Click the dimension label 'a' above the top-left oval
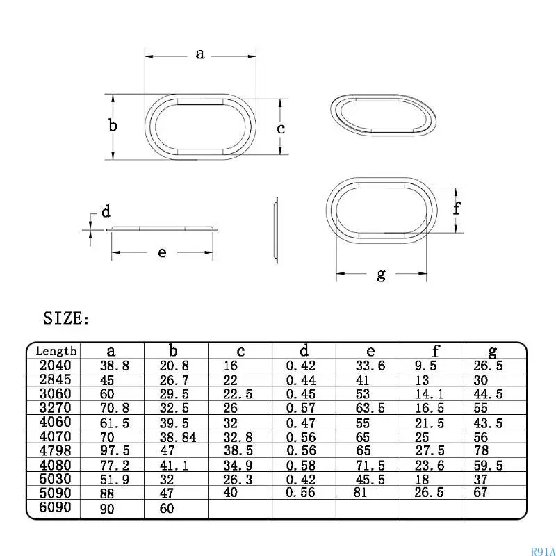click(200, 54)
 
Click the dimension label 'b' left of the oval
click(113, 126)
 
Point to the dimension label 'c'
click(281, 129)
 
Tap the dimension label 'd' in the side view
click(106, 211)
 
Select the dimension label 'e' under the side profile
click(162, 252)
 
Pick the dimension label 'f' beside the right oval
click(457, 208)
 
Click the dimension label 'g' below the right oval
click(381, 275)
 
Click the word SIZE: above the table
click(67, 319)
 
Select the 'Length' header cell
click(56, 352)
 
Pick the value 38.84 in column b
click(179, 437)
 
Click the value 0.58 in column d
click(301, 465)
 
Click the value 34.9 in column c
click(238, 465)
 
